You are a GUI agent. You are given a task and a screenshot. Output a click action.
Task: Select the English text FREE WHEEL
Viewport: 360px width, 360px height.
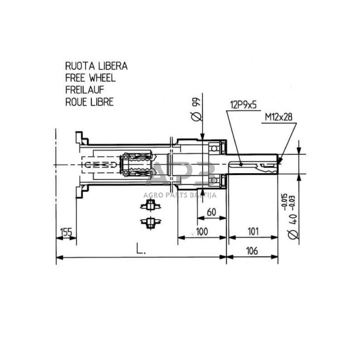(x=90, y=78)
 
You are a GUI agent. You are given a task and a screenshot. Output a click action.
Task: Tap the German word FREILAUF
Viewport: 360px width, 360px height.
(x=85, y=90)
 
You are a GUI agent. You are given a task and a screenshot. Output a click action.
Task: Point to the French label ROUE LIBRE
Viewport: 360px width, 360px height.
(x=89, y=102)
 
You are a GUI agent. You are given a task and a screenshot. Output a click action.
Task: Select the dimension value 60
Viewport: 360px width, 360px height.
(x=211, y=212)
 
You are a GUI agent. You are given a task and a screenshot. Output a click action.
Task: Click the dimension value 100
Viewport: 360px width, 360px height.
(x=202, y=232)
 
